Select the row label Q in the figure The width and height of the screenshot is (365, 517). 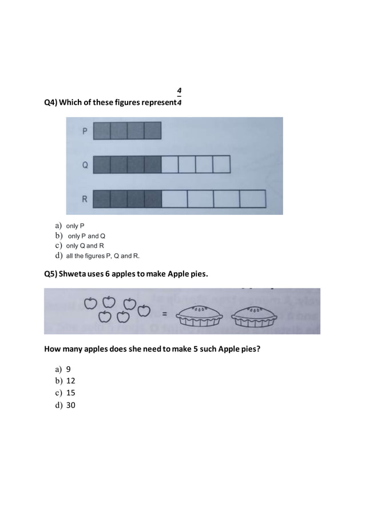coord(85,166)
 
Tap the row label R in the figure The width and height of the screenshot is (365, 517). coord(85,199)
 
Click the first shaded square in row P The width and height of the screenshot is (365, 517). coord(101,131)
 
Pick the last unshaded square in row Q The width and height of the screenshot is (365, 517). coord(221,164)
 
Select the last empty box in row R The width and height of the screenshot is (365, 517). coord(252,198)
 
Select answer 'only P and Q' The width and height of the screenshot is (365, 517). coord(86,236)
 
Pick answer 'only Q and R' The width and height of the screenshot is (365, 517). coord(85,245)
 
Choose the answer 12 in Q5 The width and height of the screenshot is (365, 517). coord(71,381)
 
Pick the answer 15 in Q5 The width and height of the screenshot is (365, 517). coord(71,393)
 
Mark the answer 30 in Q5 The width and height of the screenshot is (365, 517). coord(71,405)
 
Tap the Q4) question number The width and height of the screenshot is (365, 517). coord(51,103)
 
